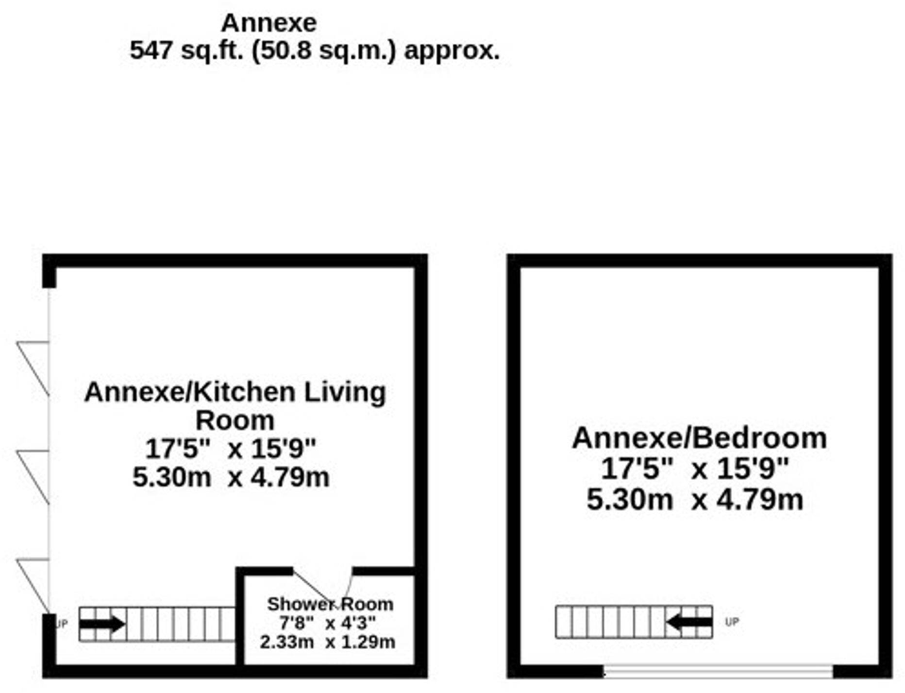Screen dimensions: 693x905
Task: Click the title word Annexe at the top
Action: pos(268,23)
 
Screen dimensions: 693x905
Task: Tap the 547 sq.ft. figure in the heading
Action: pos(186,50)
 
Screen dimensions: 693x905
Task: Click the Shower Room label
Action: pos(330,604)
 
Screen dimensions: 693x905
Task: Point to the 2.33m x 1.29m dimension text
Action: pos(327,642)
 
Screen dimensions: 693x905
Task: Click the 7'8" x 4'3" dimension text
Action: pos(327,623)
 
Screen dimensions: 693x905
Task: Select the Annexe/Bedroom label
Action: pos(699,438)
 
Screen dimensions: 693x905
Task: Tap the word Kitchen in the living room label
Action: pos(244,392)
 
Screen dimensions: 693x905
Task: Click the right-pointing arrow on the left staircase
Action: pos(102,624)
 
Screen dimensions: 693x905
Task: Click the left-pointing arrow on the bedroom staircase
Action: pos(689,622)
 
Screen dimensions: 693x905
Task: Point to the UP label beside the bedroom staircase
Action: pos(732,622)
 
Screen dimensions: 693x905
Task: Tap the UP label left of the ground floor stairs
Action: pos(62,624)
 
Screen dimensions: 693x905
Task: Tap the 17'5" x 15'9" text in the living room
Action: pos(231,448)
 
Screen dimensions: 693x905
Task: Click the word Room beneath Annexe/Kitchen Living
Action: pos(235,420)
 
